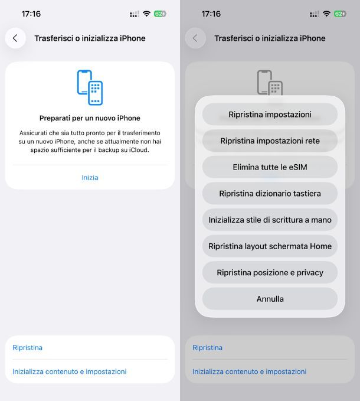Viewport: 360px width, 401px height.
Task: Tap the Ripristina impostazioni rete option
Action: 270,141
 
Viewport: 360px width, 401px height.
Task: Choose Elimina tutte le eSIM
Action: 270,167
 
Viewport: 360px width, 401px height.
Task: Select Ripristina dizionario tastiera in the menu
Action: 270,193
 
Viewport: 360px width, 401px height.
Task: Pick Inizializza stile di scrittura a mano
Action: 270,220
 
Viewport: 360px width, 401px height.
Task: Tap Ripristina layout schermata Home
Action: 270,246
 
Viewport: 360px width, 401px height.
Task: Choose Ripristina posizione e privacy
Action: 270,272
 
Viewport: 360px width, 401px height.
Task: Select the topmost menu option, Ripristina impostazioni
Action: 270,115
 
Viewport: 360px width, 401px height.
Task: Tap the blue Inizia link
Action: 90,178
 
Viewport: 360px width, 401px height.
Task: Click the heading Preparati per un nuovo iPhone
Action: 90,118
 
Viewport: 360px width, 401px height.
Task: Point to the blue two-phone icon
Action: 90,87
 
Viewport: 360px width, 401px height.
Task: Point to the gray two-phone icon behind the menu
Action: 270,82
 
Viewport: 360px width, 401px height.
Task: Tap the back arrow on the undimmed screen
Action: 15,38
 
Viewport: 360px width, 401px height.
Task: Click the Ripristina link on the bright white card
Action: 28,347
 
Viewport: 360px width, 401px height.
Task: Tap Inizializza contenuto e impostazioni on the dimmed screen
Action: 250,371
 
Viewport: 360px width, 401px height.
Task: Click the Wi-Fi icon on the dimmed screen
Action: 326,14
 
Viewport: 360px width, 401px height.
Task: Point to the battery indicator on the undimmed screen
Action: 160,14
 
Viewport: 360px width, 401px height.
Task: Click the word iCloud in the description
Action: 139,150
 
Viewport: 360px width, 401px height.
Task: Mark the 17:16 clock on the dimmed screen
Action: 211,14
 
